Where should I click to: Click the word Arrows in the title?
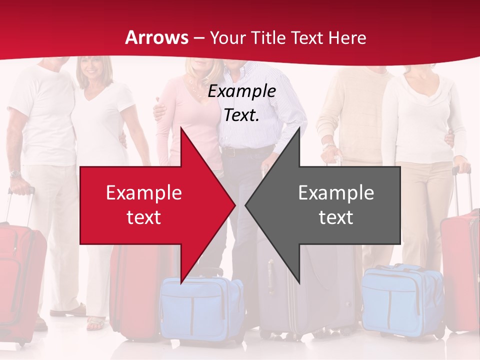coord(156,37)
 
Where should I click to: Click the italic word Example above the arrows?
coord(241,91)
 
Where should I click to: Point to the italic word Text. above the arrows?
coord(241,115)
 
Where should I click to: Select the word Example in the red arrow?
coord(143,193)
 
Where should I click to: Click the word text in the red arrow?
coord(143,217)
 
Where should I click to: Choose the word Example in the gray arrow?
coord(336,193)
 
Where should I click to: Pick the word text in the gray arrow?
coord(336,217)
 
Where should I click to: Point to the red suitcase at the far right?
coord(460,270)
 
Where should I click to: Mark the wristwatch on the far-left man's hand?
coord(15,174)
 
